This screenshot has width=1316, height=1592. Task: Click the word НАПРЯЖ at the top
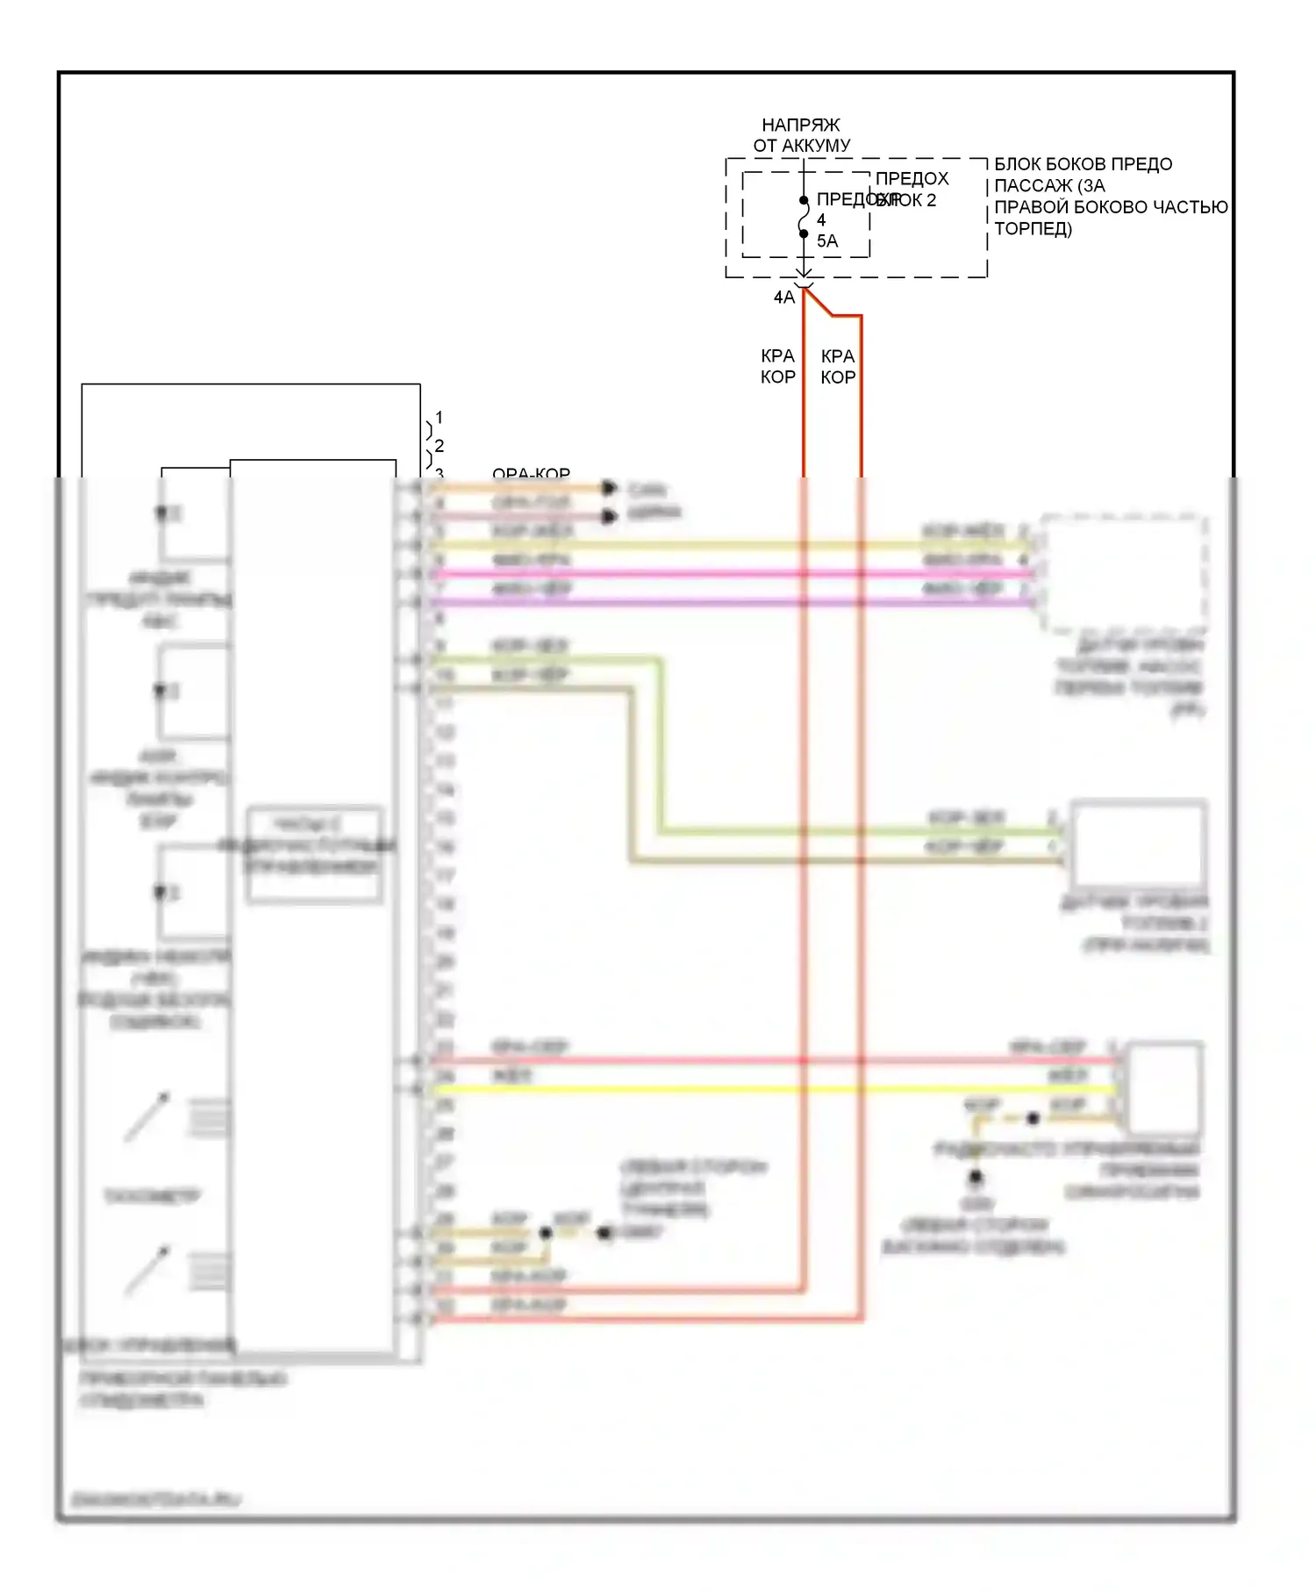pyautogui.click(x=800, y=125)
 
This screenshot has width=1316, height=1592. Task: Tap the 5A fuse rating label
pyautogui.click(x=827, y=241)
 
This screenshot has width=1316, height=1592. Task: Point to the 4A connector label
pyautogui.click(x=783, y=298)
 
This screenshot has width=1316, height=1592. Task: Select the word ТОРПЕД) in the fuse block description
pyautogui.click(x=1033, y=229)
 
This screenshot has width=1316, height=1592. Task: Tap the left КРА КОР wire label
pyautogui.click(x=777, y=367)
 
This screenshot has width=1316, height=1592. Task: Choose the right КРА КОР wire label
pyautogui.click(x=838, y=367)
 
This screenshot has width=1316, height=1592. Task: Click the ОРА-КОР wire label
pyautogui.click(x=531, y=475)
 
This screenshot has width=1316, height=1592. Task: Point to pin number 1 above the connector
pyautogui.click(x=439, y=418)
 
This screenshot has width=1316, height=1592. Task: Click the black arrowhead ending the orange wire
pyautogui.click(x=609, y=488)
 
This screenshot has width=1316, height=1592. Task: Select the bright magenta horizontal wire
pyautogui.click(x=728, y=574)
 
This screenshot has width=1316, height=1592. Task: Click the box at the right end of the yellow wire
pyautogui.click(x=1164, y=1088)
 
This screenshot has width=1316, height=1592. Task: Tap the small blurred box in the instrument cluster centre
pyautogui.click(x=314, y=854)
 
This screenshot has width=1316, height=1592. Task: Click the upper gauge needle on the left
pyautogui.click(x=147, y=1116)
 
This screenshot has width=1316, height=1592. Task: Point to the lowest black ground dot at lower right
pyautogui.click(x=975, y=1178)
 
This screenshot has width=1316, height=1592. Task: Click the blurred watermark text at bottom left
pyautogui.click(x=155, y=1500)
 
